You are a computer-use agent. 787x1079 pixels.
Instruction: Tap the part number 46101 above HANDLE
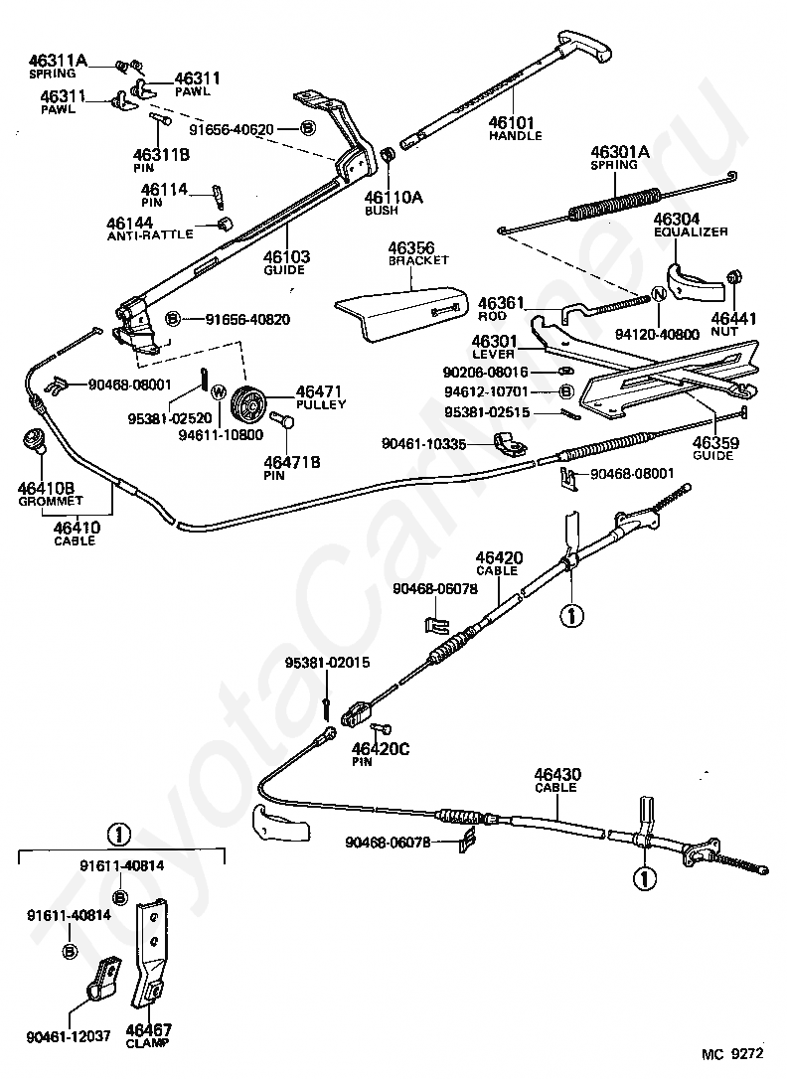pos(511,123)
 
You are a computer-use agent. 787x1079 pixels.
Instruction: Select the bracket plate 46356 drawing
pos(401,310)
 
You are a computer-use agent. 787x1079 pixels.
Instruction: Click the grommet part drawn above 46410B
pos(33,437)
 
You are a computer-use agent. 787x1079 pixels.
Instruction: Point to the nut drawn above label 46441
pos(734,277)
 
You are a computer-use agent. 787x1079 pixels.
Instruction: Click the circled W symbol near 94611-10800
pos(219,392)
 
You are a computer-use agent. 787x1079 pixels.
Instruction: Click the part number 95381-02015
pos(328,663)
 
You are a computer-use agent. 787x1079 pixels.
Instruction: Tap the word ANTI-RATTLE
pos(150,234)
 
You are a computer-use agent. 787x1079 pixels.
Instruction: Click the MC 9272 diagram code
pos(732,1053)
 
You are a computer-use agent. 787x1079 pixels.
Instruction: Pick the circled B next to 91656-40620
pos(307,128)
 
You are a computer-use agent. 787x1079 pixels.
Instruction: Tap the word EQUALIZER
pos(691,231)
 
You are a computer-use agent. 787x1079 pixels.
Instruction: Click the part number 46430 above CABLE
pos(557,775)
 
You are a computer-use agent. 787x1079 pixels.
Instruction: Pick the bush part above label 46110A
pos(388,156)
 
